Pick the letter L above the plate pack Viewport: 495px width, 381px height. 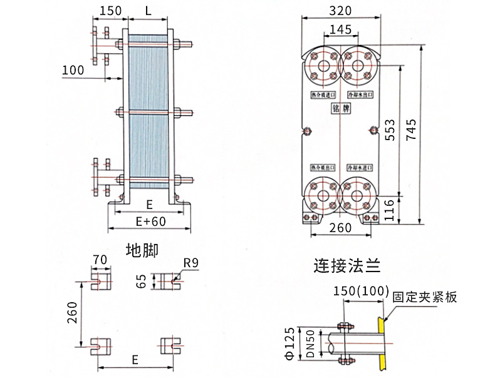coord(148,11)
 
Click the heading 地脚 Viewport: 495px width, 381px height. coord(142,250)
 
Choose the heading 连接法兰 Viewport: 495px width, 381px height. coord(346,267)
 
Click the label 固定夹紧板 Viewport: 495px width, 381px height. coord(425,297)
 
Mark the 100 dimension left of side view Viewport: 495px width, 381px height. coord(73,69)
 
